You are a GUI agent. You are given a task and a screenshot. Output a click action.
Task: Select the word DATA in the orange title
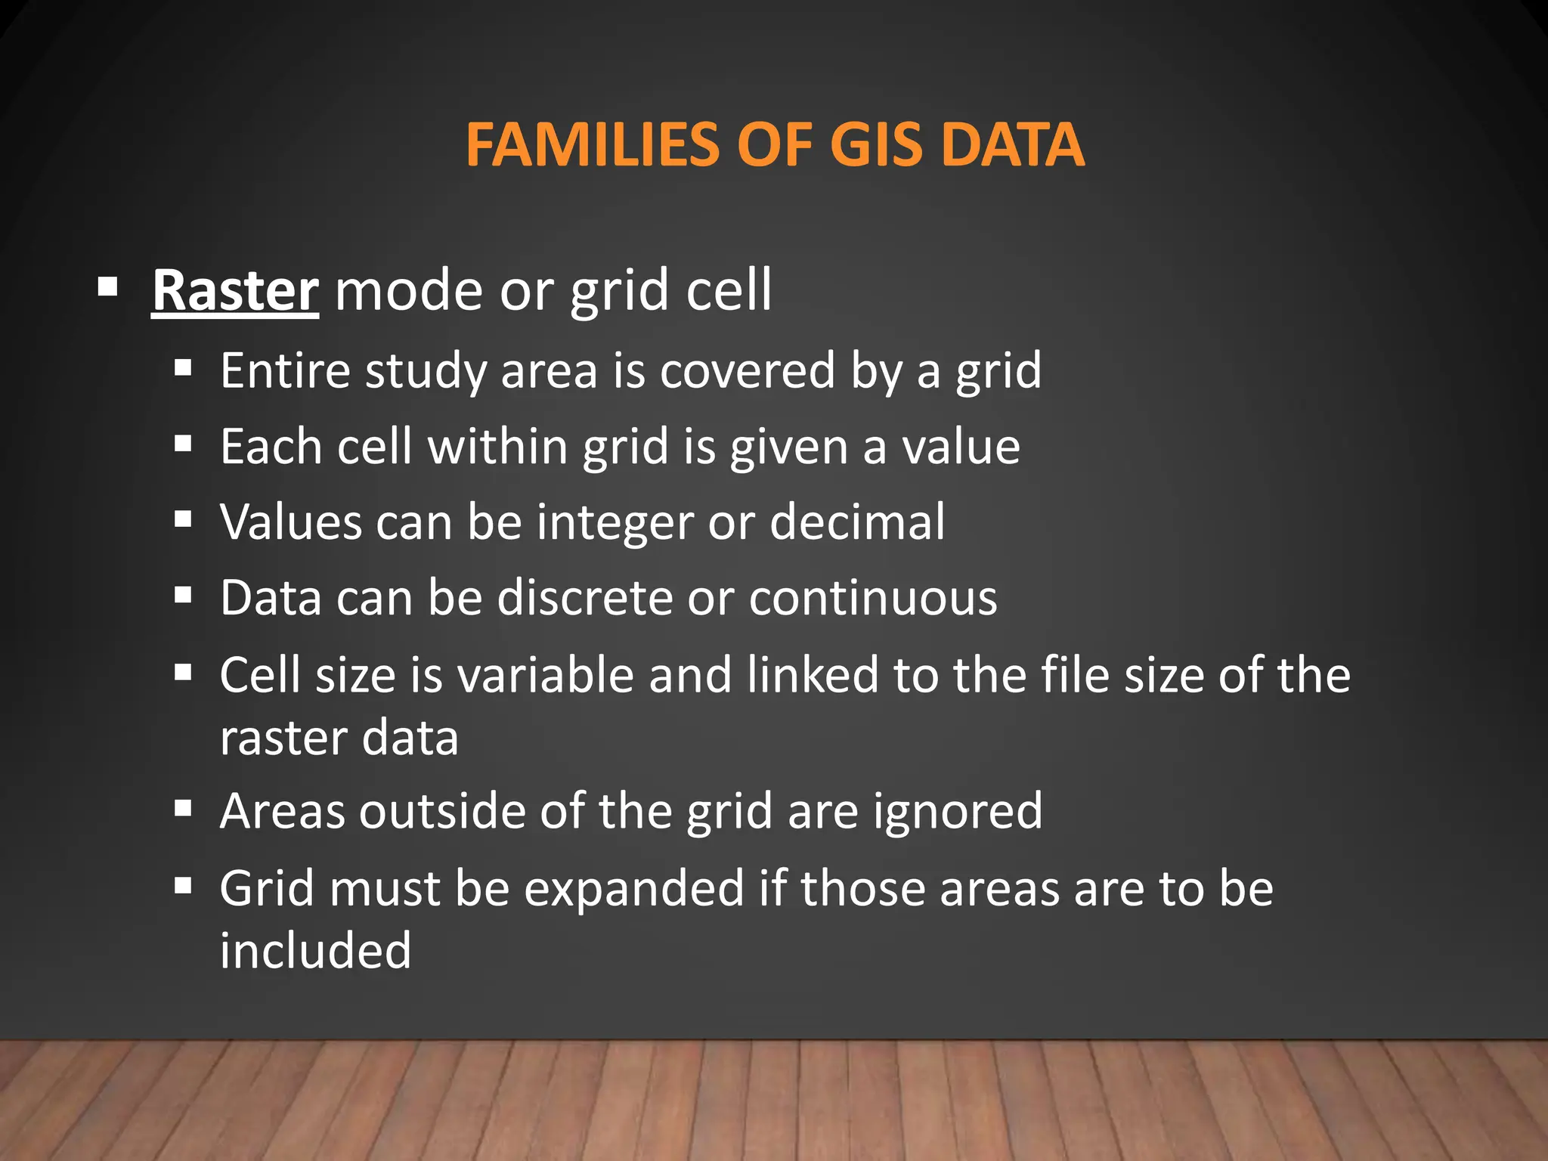1014,144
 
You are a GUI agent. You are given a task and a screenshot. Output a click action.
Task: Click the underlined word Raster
235,290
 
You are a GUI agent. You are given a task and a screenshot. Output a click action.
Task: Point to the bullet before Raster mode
108,287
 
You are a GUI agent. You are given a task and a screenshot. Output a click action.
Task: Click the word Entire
285,370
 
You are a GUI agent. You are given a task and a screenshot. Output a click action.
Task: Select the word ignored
958,812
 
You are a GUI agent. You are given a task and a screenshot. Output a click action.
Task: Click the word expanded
634,889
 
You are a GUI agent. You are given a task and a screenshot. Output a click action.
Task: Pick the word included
315,950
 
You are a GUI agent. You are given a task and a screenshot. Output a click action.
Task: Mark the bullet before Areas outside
183,810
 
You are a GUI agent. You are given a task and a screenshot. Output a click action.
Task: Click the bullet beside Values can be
183,520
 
